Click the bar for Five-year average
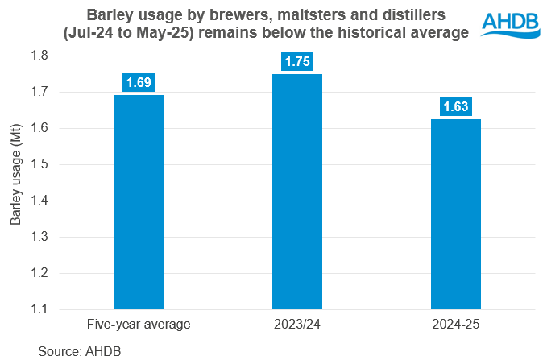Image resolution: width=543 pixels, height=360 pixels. [x=139, y=201]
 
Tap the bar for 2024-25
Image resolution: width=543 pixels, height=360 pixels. [x=456, y=213]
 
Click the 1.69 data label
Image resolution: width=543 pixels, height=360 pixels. [x=139, y=82]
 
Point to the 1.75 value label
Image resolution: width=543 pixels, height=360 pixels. [x=297, y=61]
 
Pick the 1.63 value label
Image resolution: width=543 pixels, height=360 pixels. [x=456, y=106]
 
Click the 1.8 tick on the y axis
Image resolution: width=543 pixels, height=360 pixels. [x=39, y=56]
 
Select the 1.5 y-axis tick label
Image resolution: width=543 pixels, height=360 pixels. [x=39, y=164]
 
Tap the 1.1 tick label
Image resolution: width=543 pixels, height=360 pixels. [x=39, y=309]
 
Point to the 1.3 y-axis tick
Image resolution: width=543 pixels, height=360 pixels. [x=39, y=237]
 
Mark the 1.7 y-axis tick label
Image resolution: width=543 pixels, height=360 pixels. [x=39, y=92]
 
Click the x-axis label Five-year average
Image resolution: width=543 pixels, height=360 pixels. [x=139, y=325]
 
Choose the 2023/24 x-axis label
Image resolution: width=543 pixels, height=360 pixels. [x=297, y=325]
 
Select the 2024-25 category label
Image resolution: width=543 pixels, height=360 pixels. [x=456, y=325]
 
